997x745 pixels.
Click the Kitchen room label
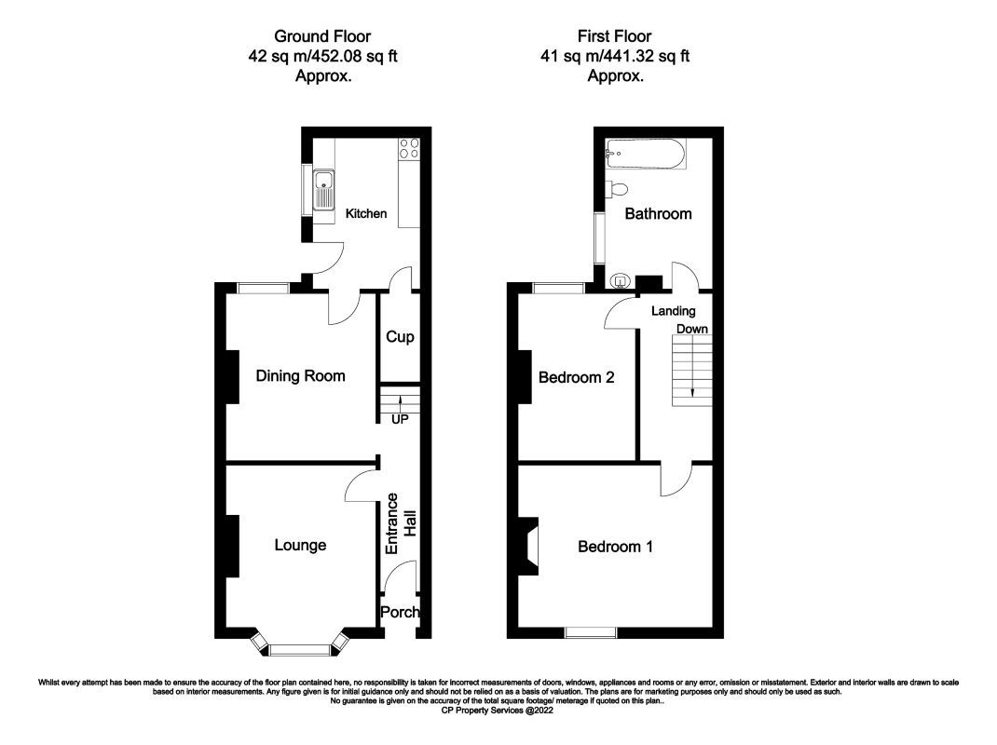tap(366, 213)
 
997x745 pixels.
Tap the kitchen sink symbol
tap(323, 190)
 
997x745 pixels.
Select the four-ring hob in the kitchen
tap(409, 149)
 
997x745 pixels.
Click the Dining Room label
tap(301, 376)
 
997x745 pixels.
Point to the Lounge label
tap(300, 545)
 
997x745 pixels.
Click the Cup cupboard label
tap(400, 337)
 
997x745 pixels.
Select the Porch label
tap(401, 613)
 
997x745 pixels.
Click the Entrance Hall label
tap(401, 524)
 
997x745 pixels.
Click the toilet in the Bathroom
tap(615, 190)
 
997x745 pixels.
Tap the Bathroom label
tap(658, 213)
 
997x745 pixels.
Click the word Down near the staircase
tap(692, 330)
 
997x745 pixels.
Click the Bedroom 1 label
tap(615, 547)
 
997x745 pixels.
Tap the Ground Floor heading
tap(322, 36)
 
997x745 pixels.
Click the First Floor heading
tap(615, 36)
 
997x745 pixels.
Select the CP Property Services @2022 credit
tap(498, 710)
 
